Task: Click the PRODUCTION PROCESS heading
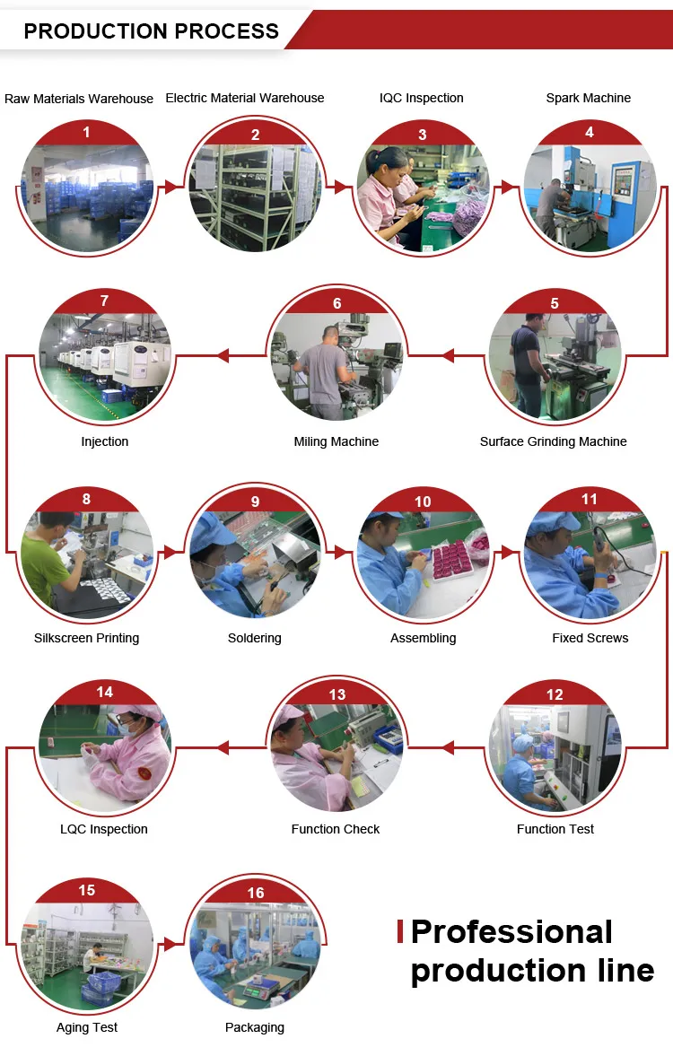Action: coord(151,31)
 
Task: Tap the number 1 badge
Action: coord(86,133)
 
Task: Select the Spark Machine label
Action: coord(588,98)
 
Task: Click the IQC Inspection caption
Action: coord(422,98)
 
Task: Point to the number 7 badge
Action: coord(104,301)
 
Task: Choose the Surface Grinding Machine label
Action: coord(553,441)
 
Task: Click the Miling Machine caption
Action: coord(336,441)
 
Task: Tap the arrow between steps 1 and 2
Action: coord(170,188)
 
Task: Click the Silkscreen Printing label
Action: coord(86,638)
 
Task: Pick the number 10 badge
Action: coord(423,502)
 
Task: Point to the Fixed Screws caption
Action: coord(590,638)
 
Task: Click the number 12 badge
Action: coord(555,694)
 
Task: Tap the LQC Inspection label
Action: coord(104,829)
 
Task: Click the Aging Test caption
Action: coord(87,1027)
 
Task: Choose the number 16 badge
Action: coord(256,893)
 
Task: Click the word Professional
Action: coord(511,931)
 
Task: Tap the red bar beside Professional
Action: coord(400,931)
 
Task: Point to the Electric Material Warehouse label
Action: coord(245,98)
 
